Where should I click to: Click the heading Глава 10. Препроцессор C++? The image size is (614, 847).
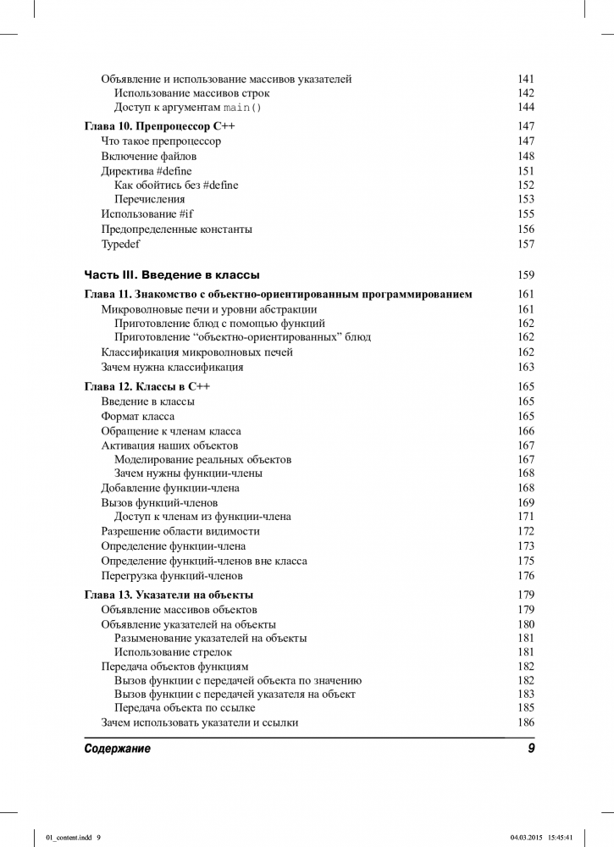(x=160, y=126)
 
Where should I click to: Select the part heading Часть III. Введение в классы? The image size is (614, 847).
(x=172, y=275)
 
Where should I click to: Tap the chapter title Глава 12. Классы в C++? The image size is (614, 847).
(x=147, y=386)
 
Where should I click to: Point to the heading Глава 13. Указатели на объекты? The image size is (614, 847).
(x=169, y=595)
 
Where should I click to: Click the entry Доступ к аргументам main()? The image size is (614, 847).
(x=188, y=108)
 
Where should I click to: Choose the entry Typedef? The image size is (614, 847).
(x=121, y=244)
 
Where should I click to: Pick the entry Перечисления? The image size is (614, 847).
(x=148, y=200)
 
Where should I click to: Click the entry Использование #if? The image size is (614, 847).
(x=147, y=214)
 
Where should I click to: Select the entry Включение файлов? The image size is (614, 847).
(x=149, y=156)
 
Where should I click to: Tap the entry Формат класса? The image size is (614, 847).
(x=138, y=416)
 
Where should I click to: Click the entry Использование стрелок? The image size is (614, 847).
(x=173, y=652)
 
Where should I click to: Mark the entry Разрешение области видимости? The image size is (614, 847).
(x=180, y=531)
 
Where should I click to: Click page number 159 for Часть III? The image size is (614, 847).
(x=526, y=275)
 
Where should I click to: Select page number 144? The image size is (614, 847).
(x=526, y=108)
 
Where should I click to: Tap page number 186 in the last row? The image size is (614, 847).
(x=526, y=722)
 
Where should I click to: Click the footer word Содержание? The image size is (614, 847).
(x=118, y=749)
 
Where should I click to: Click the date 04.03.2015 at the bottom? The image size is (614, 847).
(x=528, y=838)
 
